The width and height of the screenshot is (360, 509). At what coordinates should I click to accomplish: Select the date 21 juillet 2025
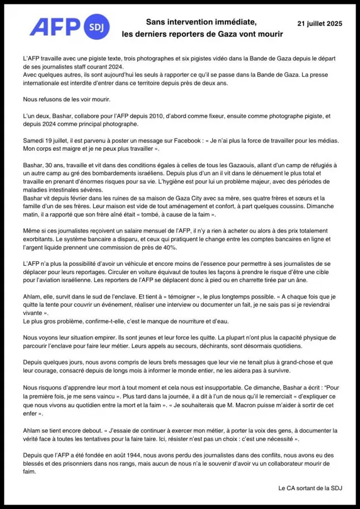point(320,24)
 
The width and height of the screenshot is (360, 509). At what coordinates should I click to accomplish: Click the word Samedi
point(35,141)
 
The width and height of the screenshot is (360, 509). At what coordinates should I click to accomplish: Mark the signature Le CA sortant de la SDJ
point(310,487)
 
